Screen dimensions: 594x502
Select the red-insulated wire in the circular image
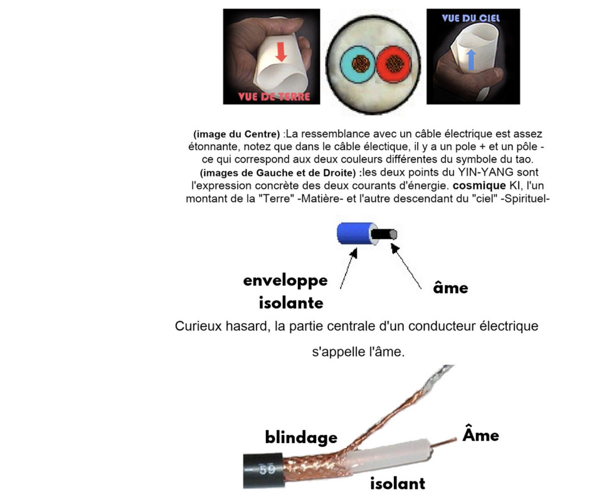pos(395,63)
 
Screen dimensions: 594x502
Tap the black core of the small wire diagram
pos(384,235)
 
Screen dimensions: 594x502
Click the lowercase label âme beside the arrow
pos(450,288)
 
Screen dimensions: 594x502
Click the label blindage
pos(301,437)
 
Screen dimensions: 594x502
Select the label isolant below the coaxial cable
pos(397,483)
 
